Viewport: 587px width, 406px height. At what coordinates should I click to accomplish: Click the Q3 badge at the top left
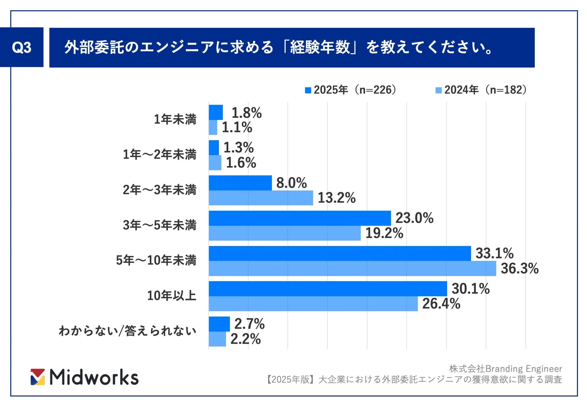pos(21,47)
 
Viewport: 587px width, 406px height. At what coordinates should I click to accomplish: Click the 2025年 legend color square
pos(308,90)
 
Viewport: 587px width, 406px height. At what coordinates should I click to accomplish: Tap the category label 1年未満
pos(175,119)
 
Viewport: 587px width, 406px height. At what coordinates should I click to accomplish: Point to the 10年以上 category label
pos(171,296)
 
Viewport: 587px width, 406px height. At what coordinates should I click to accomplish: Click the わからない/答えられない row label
pos(127,331)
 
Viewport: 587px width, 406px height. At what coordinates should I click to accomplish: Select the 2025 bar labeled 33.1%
pos(339,254)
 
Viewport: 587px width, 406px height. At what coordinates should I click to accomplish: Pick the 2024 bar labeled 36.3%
pos(352,269)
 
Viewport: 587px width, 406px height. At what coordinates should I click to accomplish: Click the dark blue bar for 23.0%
pos(300,218)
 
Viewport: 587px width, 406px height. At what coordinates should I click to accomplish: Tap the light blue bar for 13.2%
pos(261,198)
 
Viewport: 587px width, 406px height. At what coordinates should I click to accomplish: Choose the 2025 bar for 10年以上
pos(328,289)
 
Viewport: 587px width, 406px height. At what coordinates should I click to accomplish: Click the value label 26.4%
pos(441,304)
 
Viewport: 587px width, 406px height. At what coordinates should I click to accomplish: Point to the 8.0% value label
pos(291,183)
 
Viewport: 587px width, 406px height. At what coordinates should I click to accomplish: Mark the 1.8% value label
pos(246,113)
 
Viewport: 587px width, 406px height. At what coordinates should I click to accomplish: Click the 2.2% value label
pos(245,339)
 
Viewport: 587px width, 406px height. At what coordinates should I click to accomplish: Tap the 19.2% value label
pos(384,233)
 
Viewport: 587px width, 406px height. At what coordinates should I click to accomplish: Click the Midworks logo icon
pos(38,377)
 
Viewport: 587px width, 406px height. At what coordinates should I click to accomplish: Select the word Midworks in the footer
pos(94,377)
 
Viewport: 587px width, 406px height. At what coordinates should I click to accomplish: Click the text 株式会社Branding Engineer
pos(505,368)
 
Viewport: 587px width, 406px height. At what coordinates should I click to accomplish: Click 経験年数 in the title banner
pos(320,47)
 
